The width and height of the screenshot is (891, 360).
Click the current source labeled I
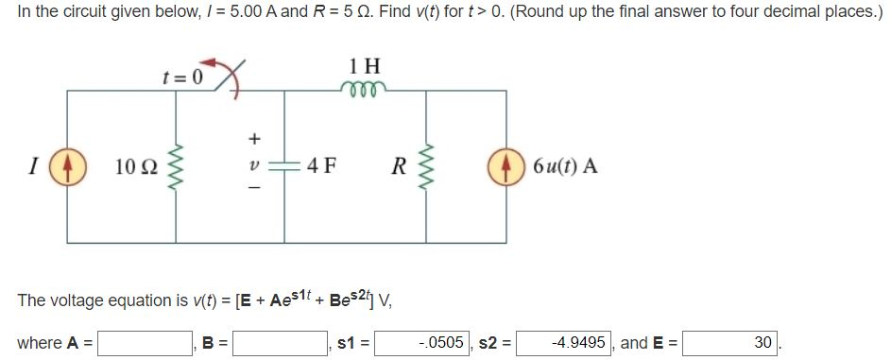(66, 167)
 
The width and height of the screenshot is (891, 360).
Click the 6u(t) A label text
(564, 167)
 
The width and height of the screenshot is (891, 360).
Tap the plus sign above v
(252, 138)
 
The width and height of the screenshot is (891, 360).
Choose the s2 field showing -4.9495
(563, 342)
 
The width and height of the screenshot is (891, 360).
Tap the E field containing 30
(729, 342)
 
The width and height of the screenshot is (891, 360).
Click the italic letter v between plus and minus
(252, 167)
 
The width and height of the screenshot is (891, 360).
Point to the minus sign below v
(252, 193)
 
